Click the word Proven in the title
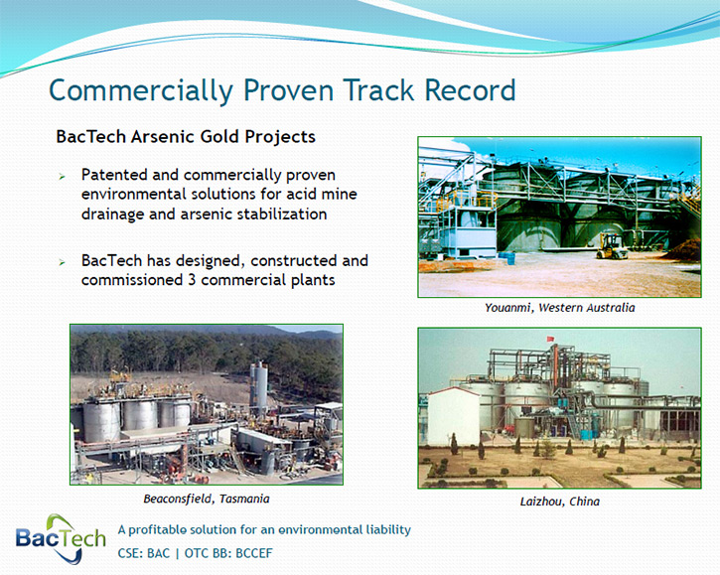pyautogui.click(x=288, y=90)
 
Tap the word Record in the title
pyautogui.click(x=470, y=90)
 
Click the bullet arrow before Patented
pyautogui.click(x=62, y=177)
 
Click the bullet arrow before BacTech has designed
pyautogui.click(x=62, y=262)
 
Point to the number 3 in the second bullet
pyautogui.click(x=192, y=280)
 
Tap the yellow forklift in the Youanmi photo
pyautogui.click(x=612, y=246)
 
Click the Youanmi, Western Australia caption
pyautogui.click(x=560, y=308)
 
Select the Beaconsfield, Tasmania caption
pyautogui.click(x=207, y=499)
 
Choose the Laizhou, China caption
pyautogui.click(x=560, y=502)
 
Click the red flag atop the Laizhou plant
pyautogui.click(x=550, y=339)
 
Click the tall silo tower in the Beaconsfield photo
pyautogui.click(x=258, y=388)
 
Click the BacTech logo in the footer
pyautogui.click(x=61, y=538)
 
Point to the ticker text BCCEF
pyautogui.click(x=254, y=553)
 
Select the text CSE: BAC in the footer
pyautogui.click(x=144, y=553)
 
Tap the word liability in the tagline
pyautogui.click(x=388, y=530)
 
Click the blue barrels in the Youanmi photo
pyautogui.click(x=506, y=257)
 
